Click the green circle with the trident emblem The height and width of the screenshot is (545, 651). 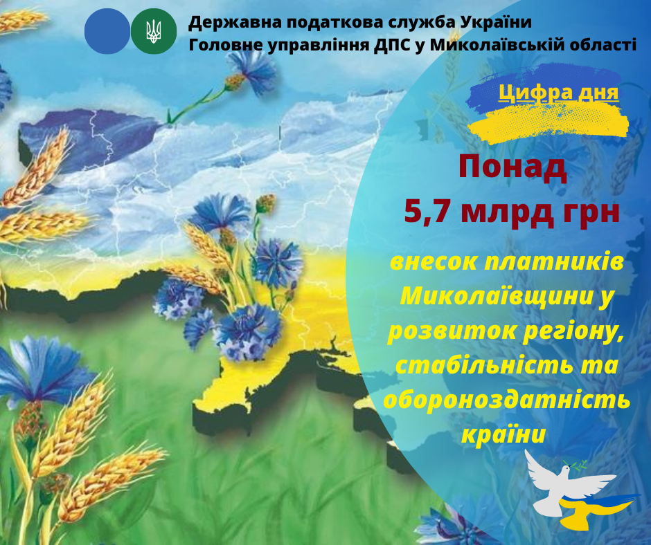[154, 31]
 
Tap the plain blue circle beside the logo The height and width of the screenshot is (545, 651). [107, 31]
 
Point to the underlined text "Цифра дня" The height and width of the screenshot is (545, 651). [558, 93]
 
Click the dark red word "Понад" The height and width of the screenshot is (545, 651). [512, 167]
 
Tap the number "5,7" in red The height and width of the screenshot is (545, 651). [427, 212]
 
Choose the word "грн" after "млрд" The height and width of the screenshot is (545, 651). [591, 213]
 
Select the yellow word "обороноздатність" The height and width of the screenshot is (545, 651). [506, 400]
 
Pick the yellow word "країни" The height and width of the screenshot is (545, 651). [503, 435]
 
